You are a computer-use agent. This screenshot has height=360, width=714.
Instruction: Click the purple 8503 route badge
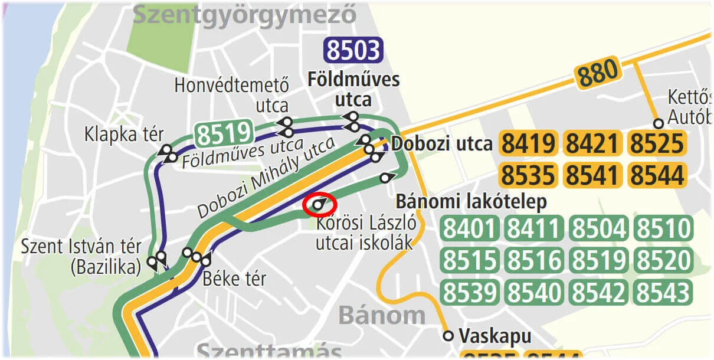353,50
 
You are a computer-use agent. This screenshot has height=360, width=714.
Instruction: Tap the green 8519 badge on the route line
224,133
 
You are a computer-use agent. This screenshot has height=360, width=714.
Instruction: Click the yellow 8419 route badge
529,144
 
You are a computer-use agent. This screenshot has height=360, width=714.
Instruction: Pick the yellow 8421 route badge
593,144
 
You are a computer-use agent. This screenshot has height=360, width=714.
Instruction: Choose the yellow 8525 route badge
657,144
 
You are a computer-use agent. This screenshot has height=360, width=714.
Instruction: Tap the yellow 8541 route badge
593,175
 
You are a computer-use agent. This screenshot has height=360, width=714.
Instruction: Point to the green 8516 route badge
535,261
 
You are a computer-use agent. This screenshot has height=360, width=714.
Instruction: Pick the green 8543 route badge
662,293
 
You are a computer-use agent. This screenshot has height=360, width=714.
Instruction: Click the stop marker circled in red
319,205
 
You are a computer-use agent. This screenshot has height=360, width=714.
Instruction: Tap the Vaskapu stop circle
448,336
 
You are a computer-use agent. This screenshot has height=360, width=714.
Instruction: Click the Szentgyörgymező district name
245,14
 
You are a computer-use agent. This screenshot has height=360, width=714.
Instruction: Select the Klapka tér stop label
124,134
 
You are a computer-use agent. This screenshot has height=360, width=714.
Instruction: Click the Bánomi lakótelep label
471,202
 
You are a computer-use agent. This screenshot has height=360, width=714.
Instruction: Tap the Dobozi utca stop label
442,144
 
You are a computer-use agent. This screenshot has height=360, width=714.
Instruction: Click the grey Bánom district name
381,316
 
